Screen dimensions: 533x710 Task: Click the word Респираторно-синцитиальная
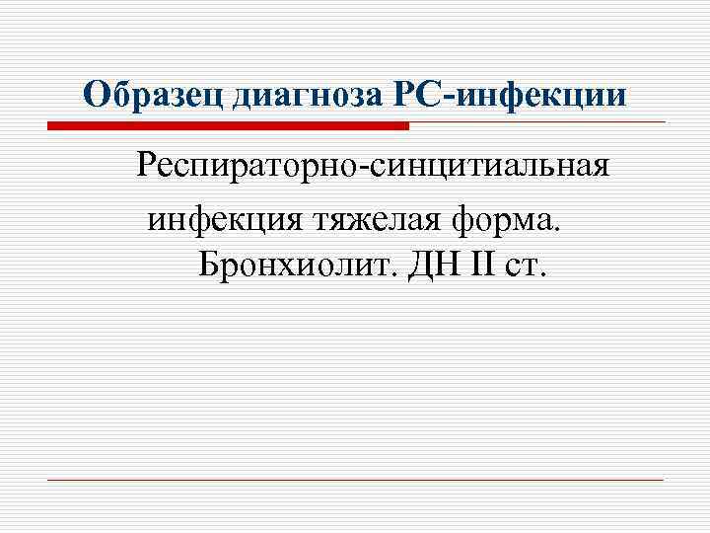click(374, 165)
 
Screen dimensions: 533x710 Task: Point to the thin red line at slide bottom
click(355, 481)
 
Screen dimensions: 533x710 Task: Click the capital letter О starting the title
click(96, 95)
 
